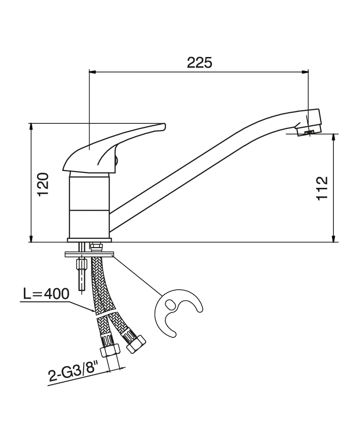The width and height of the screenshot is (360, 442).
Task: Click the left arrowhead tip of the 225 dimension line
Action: [x=89, y=72]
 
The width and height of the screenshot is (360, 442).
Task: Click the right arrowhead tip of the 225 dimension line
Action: [x=308, y=72]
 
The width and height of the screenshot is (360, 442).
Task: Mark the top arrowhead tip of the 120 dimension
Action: [x=31, y=123]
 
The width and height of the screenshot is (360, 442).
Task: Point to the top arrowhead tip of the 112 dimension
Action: [x=334, y=134]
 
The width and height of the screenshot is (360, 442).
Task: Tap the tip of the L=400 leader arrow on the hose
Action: [x=95, y=312]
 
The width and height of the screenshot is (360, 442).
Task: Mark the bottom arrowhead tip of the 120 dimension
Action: [x=31, y=242]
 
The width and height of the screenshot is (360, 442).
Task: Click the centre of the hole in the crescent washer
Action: [x=169, y=304]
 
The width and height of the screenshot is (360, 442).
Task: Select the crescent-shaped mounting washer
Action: [x=178, y=312]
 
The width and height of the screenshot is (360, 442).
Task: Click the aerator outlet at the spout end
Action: [x=309, y=132]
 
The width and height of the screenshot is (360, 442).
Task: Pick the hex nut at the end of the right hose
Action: [x=136, y=344]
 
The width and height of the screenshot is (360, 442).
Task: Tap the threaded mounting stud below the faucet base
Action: [x=81, y=268]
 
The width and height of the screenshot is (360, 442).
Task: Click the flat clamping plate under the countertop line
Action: [x=89, y=254]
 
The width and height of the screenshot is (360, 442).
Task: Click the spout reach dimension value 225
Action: [x=199, y=63]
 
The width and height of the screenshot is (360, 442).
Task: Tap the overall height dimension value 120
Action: [x=43, y=185]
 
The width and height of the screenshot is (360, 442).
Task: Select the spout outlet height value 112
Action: [x=322, y=188]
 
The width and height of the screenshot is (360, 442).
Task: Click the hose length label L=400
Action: [x=46, y=294]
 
